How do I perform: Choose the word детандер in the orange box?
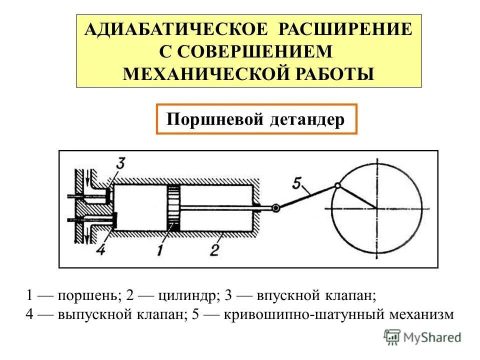[x=307, y=119]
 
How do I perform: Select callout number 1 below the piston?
[x=159, y=248]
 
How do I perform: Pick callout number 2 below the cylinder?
[x=215, y=248]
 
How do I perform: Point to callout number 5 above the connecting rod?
[x=296, y=185]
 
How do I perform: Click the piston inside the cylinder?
[x=173, y=207]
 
